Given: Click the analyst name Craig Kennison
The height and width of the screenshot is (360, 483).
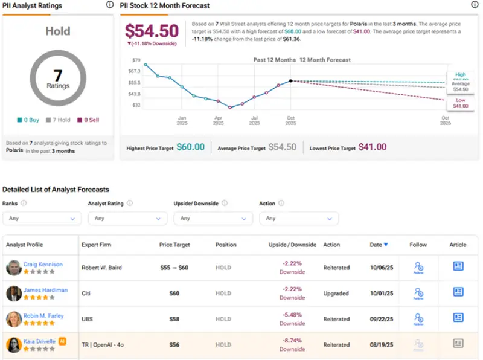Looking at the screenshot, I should click(x=43, y=265).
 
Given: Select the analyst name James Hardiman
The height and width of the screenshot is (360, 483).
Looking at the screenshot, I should click(x=45, y=290).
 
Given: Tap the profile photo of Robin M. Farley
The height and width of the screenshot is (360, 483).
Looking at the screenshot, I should click(x=14, y=319).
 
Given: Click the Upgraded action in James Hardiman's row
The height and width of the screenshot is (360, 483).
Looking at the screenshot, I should click(x=336, y=293).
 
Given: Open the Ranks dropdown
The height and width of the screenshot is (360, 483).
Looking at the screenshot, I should click(x=42, y=218).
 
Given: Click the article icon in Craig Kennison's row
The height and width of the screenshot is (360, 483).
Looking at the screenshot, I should click(x=458, y=266).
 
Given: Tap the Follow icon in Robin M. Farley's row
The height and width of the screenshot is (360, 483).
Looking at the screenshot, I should click(x=418, y=318).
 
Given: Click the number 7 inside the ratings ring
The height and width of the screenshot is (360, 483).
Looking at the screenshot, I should click(x=58, y=76).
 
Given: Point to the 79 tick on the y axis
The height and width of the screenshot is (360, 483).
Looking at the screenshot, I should click(x=136, y=60).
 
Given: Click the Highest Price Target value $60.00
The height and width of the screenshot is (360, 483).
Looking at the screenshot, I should click(x=190, y=147).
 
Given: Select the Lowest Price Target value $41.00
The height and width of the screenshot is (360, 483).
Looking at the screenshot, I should click(x=373, y=147).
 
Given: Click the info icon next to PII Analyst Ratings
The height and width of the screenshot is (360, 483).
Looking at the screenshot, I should click(x=109, y=5).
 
